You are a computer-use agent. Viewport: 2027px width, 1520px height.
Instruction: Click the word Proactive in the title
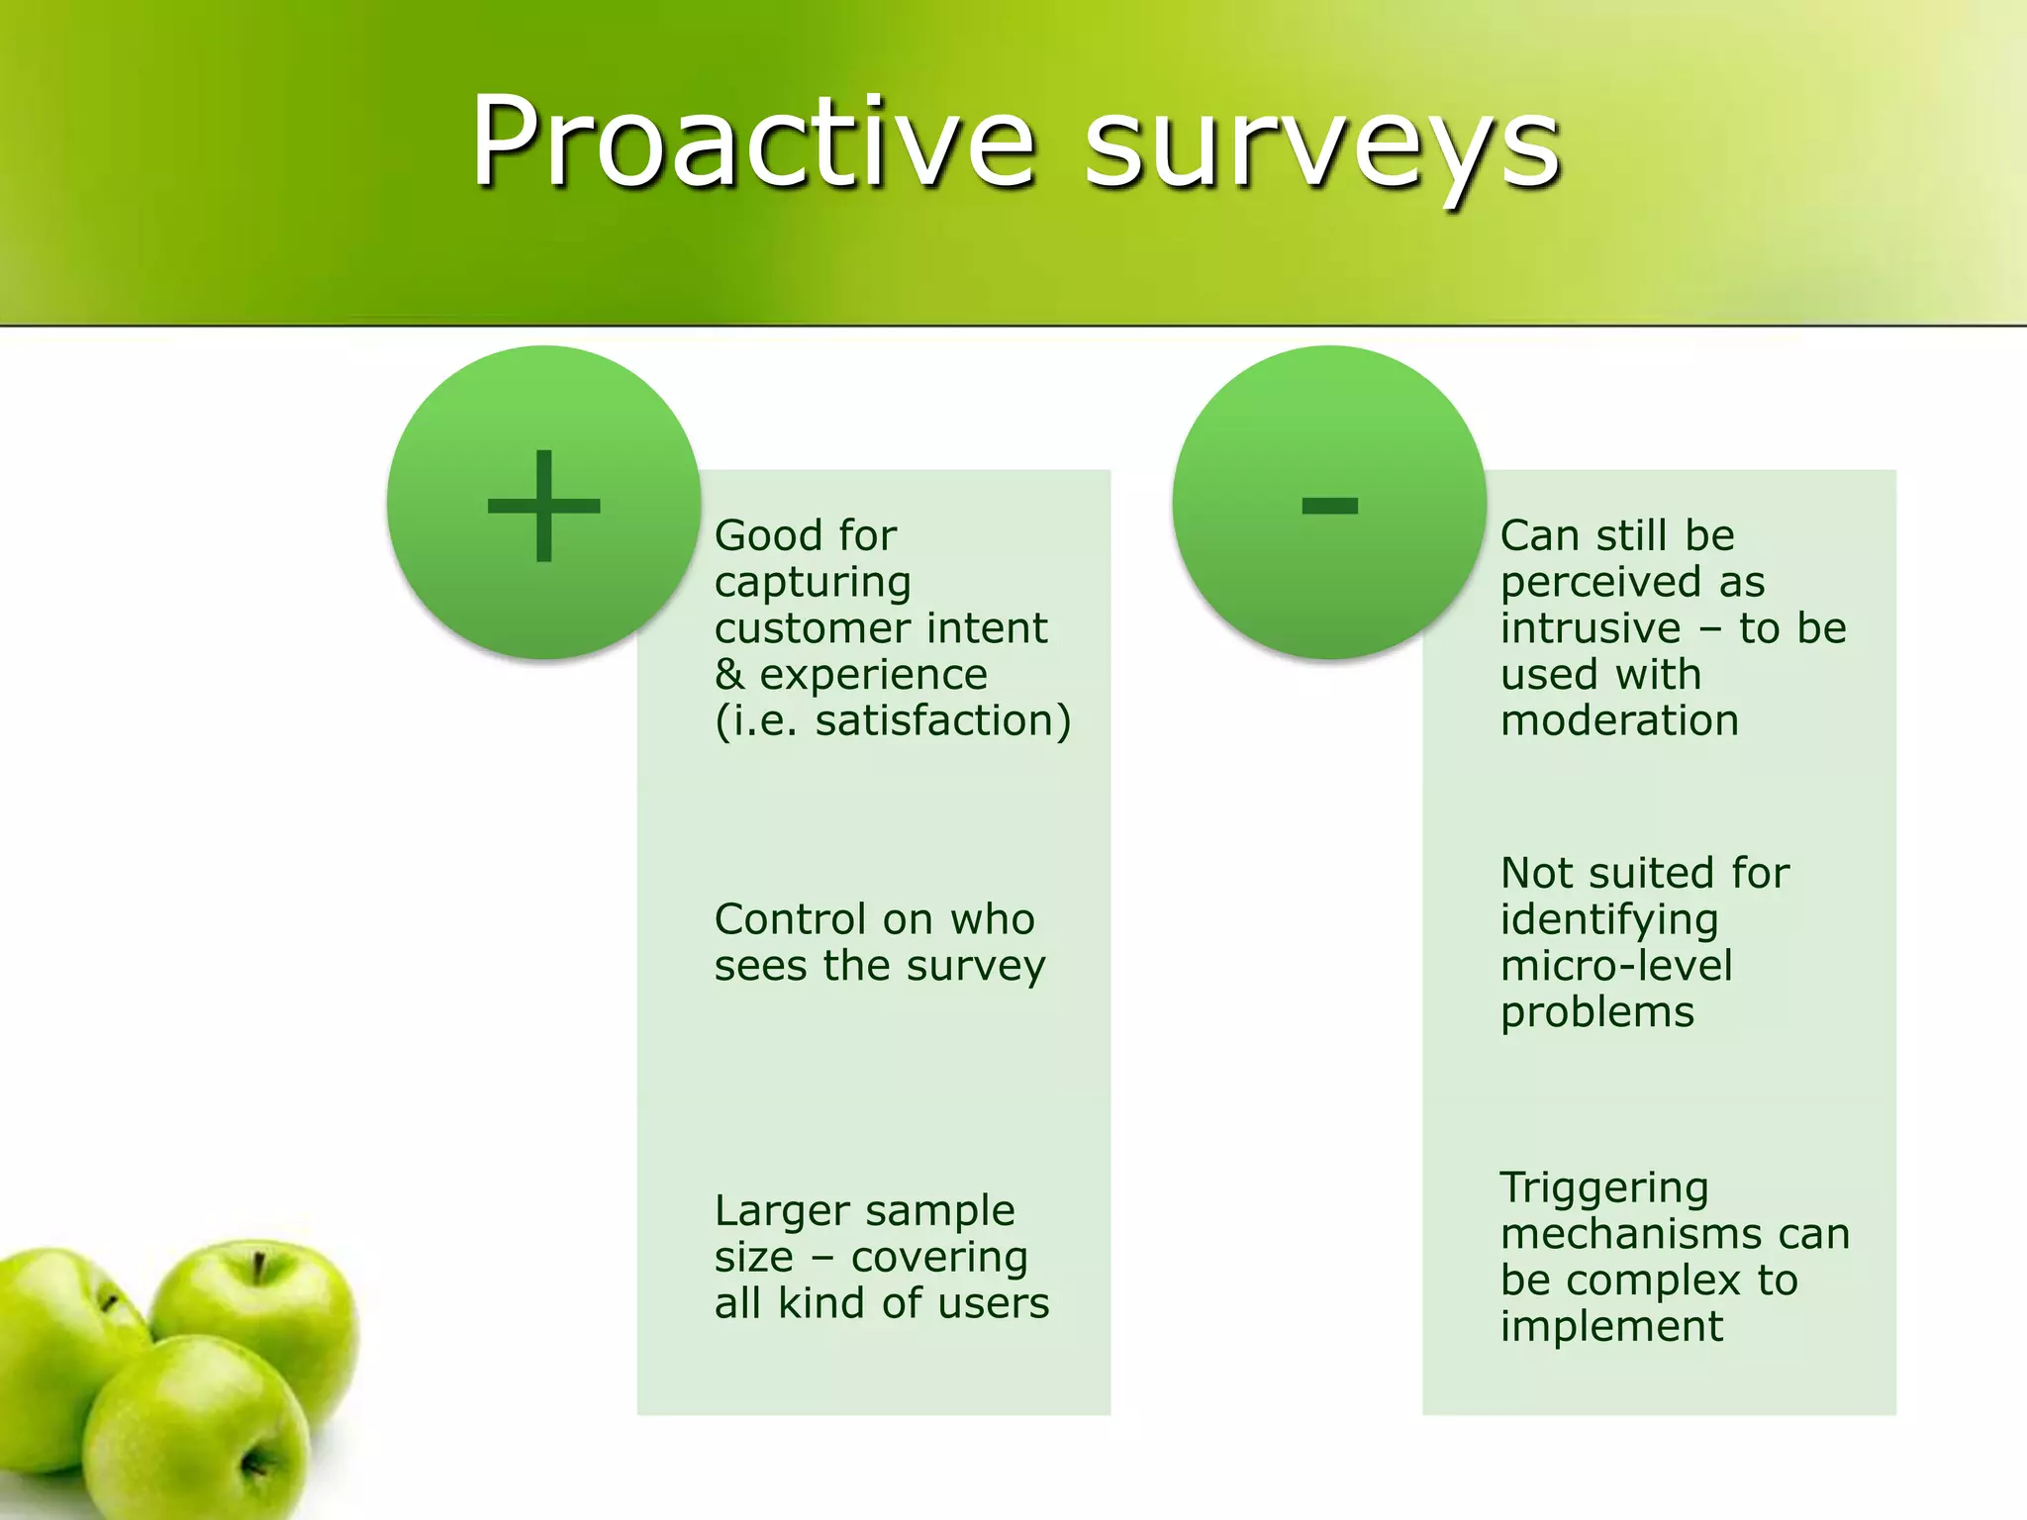pyautogui.click(x=752, y=143)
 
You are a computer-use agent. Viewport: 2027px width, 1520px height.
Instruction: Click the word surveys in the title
pyautogui.click(x=1321, y=148)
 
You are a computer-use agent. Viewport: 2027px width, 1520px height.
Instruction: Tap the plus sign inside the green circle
pyautogui.click(x=543, y=506)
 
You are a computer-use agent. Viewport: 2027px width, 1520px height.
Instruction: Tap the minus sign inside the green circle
pyautogui.click(x=1329, y=506)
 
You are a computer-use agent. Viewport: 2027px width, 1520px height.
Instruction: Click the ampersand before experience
pyautogui.click(x=729, y=675)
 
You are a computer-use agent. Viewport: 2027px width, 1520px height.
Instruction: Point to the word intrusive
pyautogui.click(x=1590, y=628)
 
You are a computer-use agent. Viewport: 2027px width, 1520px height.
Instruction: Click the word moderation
pyautogui.click(x=1619, y=720)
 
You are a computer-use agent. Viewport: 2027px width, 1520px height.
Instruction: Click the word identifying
pyautogui.click(x=1608, y=921)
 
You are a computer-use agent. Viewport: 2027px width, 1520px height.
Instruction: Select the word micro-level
pyautogui.click(x=1616, y=966)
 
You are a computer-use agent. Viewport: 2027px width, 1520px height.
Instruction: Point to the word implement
pyautogui.click(x=1611, y=1328)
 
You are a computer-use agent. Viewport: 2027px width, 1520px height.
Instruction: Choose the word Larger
pyautogui.click(x=782, y=1212)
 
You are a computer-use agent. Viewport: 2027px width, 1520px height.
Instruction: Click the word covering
pyautogui.click(x=939, y=1258)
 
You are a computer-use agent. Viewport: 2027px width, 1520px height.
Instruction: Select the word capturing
pyautogui.click(x=812, y=584)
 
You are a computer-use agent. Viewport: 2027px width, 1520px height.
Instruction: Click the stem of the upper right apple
pyautogui.click(x=259, y=1267)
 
